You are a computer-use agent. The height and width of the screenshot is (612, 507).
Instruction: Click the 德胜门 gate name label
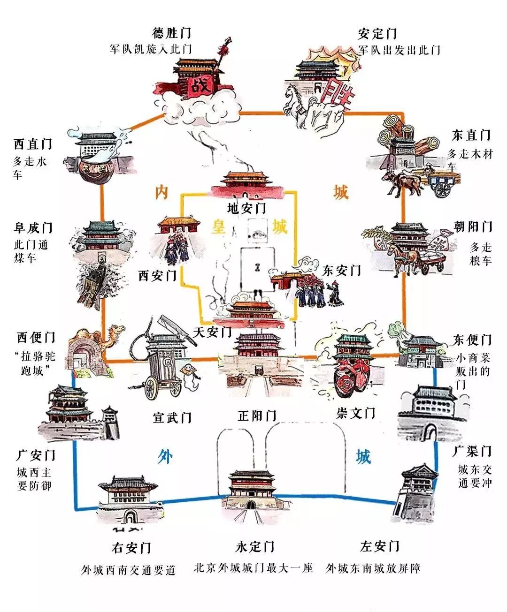point(172,34)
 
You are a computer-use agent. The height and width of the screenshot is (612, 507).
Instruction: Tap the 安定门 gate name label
point(377,34)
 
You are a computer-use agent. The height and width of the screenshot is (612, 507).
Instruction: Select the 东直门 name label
point(471,136)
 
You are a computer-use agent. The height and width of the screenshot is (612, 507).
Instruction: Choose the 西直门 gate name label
point(32,144)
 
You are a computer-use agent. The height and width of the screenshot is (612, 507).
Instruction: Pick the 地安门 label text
point(246,208)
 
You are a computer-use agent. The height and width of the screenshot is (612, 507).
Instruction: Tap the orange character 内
point(161,192)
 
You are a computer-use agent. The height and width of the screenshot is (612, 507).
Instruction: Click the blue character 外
point(165,456)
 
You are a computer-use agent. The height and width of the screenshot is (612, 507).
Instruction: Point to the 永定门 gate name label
point(255,547)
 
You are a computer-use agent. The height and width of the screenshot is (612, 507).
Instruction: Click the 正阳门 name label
point(257,416)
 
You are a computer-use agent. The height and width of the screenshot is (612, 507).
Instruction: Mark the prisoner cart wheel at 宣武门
point(152,387)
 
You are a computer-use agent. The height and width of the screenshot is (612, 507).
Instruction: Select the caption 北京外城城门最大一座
point(253,568)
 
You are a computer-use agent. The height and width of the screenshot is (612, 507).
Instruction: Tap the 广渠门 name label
point(471,451)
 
